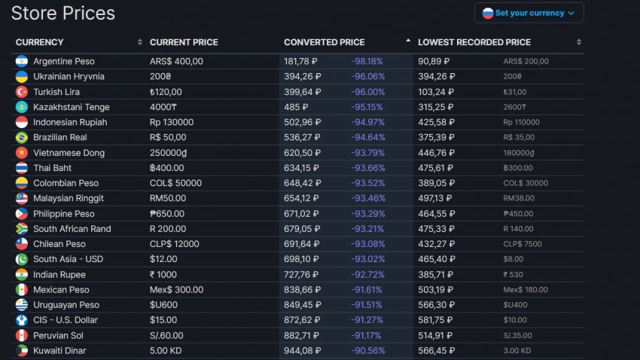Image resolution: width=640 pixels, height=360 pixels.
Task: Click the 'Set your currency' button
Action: [x=529, y=13]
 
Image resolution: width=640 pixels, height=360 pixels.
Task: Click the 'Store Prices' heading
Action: [x=63, y=13]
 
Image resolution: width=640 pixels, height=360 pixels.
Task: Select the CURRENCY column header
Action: [x=40, y=42]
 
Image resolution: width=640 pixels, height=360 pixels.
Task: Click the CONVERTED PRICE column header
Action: [x=324, y=42]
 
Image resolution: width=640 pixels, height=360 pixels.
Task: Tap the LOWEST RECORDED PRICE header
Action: [x=474, y=42]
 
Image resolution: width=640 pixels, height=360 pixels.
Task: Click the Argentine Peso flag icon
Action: [x=21, y=61]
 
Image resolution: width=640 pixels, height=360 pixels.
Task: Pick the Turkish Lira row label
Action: [x=56, y=92]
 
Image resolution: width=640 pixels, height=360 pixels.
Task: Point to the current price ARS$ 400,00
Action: [x=176, y=61]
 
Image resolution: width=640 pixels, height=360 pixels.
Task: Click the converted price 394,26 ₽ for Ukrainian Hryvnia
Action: [x=300, y=76]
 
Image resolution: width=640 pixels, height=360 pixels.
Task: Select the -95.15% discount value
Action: [x=367, y=107]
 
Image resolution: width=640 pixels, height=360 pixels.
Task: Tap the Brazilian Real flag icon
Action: [x=21, y=138]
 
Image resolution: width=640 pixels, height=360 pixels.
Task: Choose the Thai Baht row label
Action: [x=53, y=168]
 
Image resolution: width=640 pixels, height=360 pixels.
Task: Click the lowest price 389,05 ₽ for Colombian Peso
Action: [x=434, y=183]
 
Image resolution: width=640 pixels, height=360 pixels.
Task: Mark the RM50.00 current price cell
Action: [x=168, y=198]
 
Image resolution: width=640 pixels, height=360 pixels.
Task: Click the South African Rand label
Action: [x=72, y=229]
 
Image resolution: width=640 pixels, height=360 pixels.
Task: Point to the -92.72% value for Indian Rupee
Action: [x=367, y=275]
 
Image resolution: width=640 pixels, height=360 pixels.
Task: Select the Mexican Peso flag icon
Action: [x=21, y=290]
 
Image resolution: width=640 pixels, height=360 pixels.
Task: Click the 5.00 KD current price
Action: [x=165, y=351]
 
